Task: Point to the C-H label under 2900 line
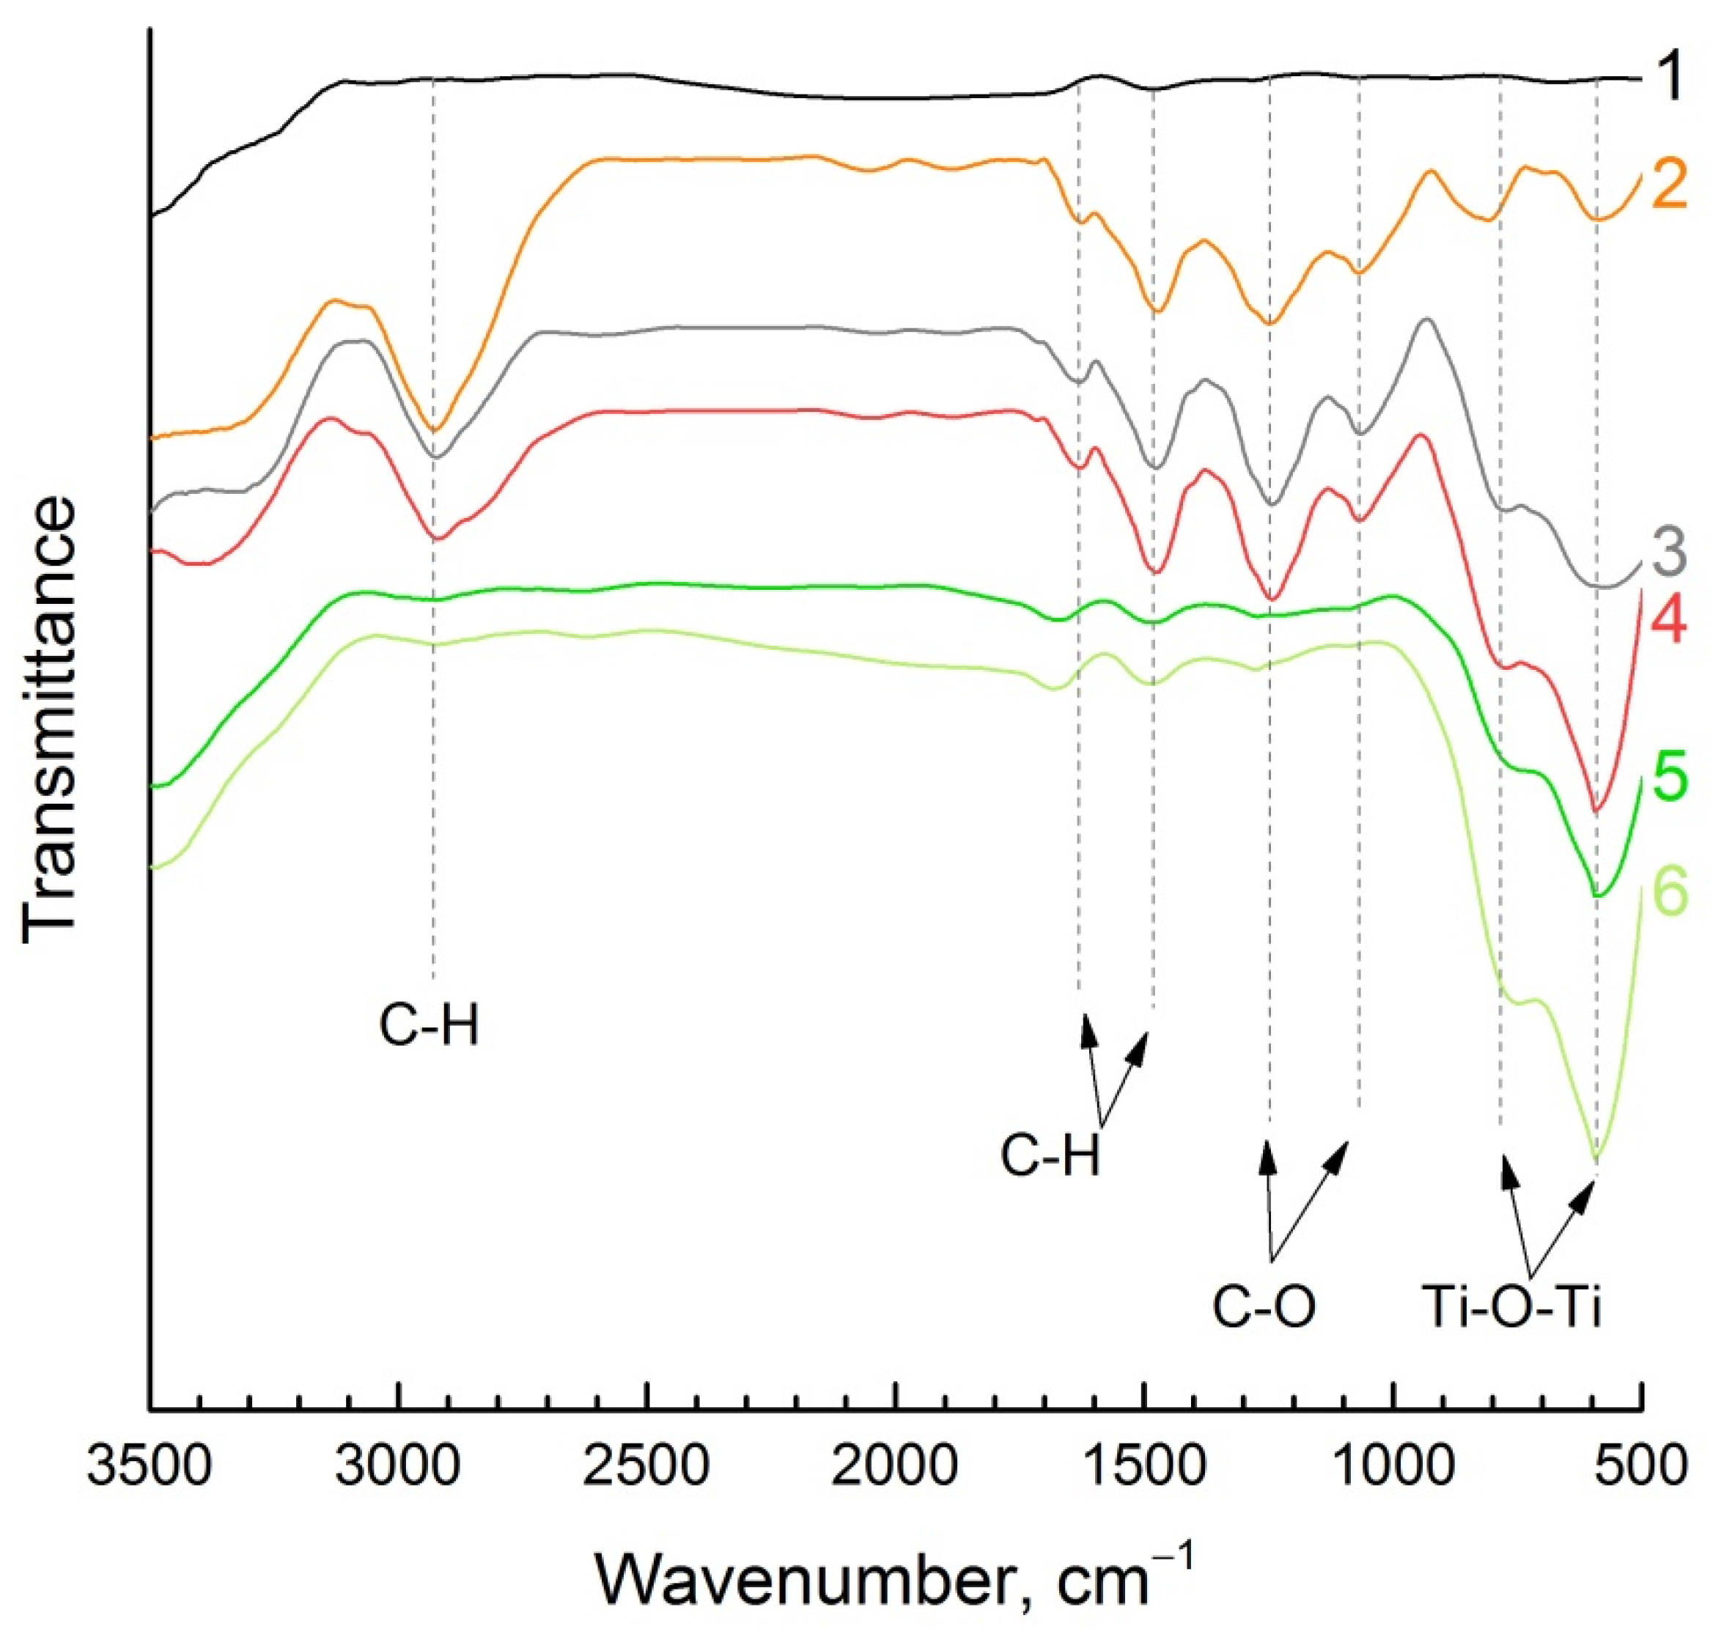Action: pyautogui.click(x=429, y=1027)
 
